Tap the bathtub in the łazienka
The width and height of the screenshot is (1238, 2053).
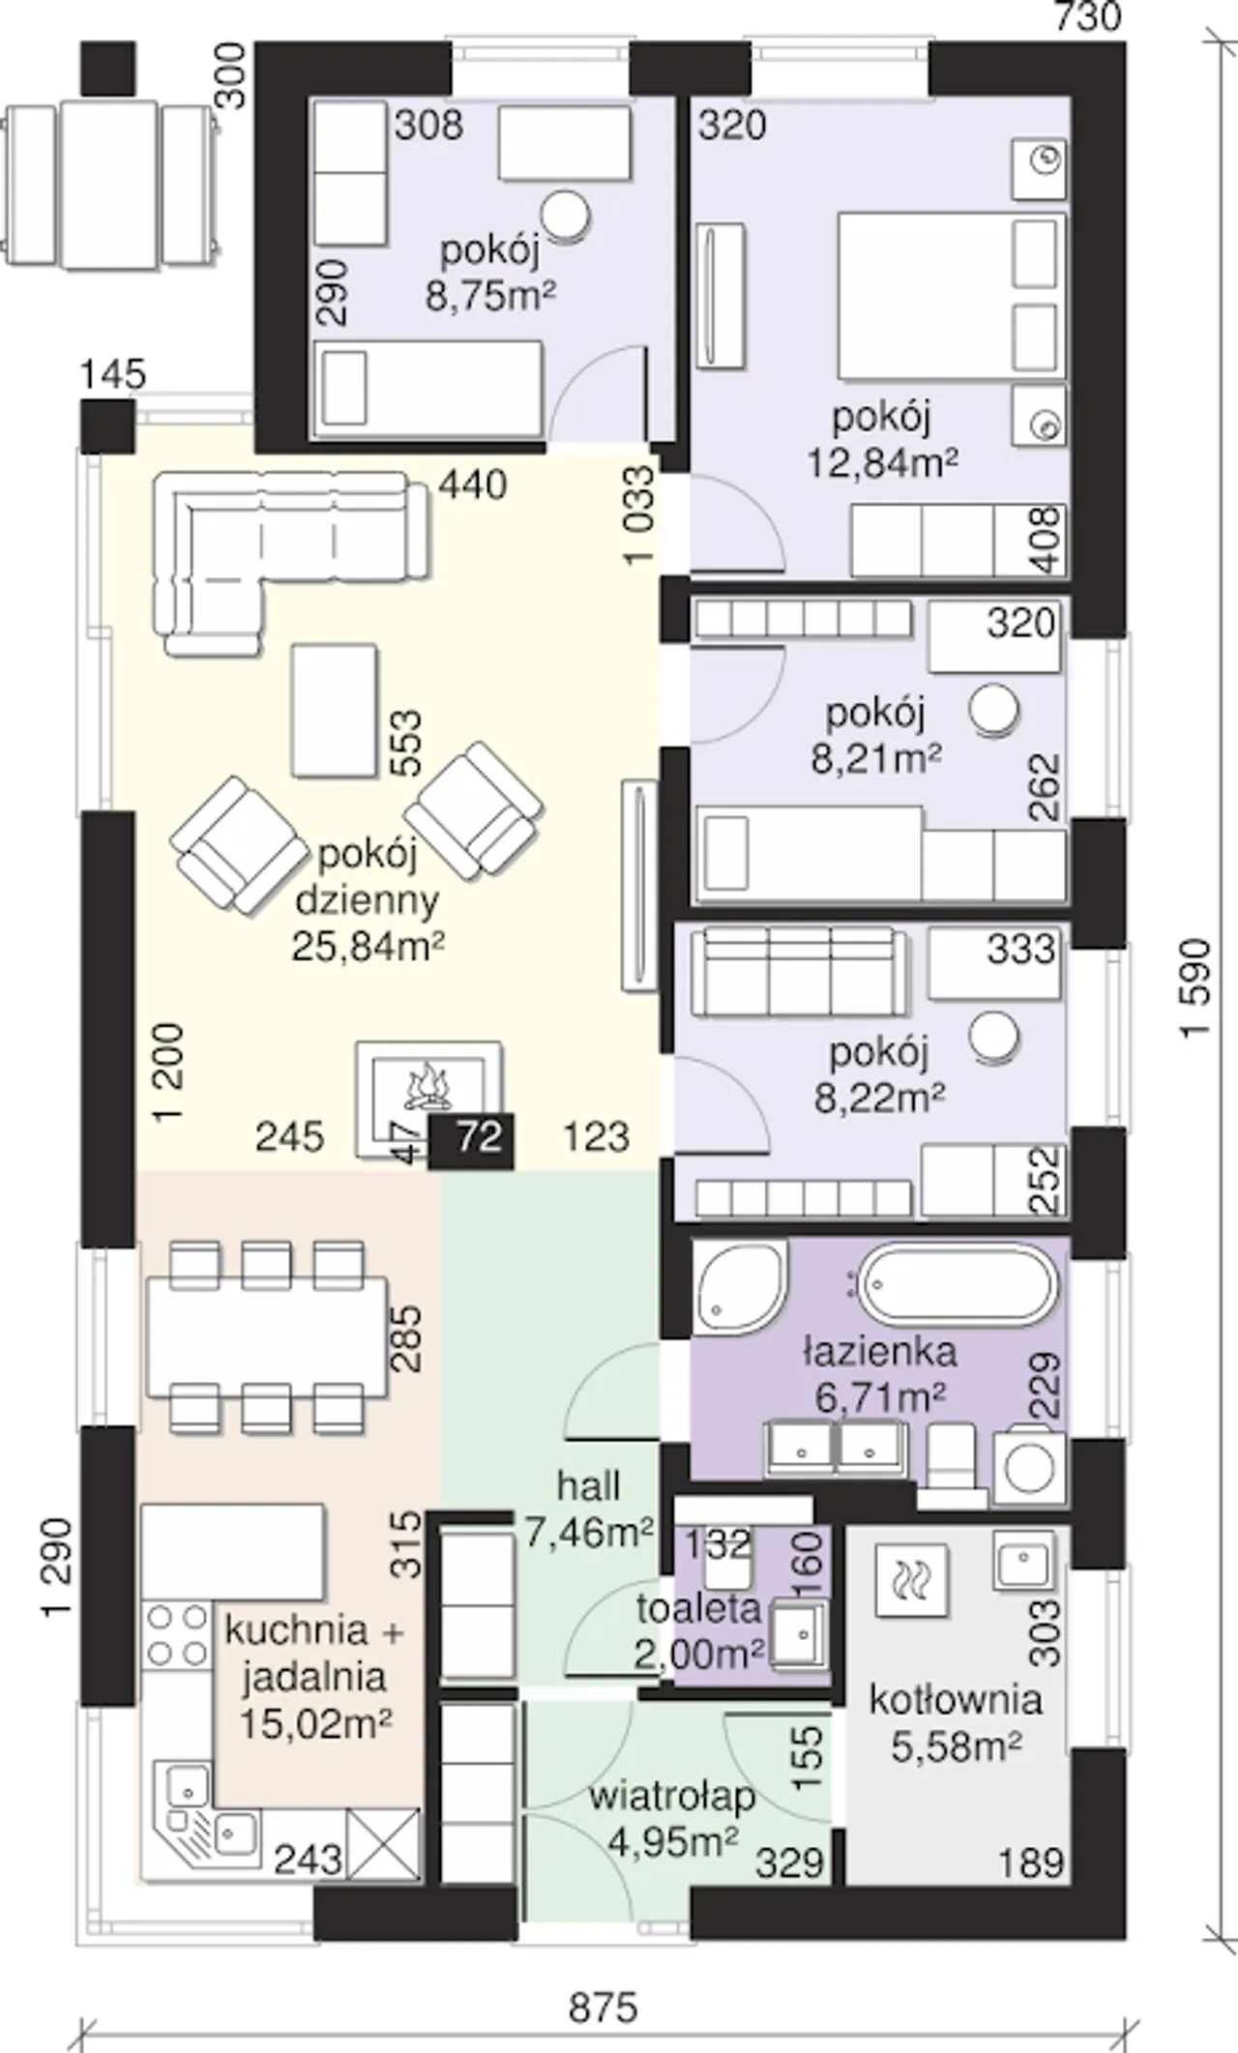[958, 1286]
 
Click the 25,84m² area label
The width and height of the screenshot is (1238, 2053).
[368, 947]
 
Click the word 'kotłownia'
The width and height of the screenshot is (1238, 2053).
[956, 1699]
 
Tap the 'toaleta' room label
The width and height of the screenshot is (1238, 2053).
[698, 1608]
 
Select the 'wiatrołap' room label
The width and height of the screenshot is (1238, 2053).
[672, 1797]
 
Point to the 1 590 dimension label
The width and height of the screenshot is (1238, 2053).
[1195, 987]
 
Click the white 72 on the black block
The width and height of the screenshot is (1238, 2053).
[479, 1137]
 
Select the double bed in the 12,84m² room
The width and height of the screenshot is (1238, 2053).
[952, 296]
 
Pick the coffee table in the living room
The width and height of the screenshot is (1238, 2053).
[334, 711]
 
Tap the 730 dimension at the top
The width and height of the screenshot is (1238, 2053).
[1088, 16]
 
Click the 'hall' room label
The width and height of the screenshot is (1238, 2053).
[588, 1486]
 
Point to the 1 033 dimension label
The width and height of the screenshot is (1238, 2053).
[640, 516]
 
